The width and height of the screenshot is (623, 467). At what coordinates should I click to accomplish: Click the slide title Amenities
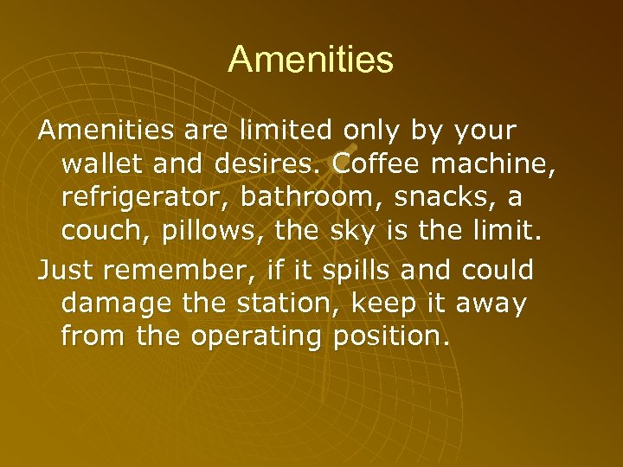pyautogui.click(x=311, y=60)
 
